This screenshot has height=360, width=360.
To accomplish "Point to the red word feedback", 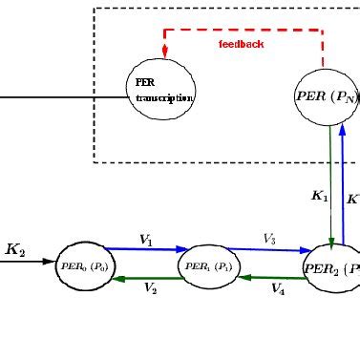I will coord(248,45).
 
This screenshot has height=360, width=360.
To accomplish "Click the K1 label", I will coord(320,196).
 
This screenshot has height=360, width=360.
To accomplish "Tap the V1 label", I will coord(146,241).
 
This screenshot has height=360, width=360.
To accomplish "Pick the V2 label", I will coord(150,287).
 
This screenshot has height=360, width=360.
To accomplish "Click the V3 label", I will coord(269,239).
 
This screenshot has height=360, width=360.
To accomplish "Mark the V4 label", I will coord(277,287).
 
